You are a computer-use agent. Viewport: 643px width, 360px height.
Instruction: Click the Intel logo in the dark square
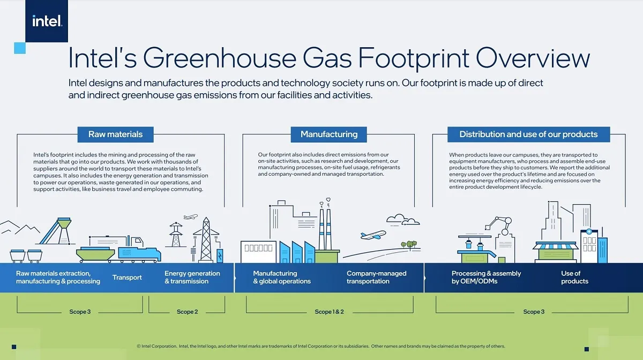(x=47, y=21)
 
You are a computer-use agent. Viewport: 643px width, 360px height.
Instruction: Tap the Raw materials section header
(x=115, y=134)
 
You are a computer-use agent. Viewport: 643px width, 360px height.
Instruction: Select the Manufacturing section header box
(x=328, y=134)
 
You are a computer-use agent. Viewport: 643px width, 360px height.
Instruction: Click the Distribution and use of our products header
(x=528, y=134)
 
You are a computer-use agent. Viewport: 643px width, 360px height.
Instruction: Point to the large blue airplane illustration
(x=373, y=235)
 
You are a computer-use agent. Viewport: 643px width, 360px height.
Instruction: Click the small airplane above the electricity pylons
(x=191, y=216)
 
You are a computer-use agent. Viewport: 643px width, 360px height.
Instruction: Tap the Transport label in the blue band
(x=127, y=277)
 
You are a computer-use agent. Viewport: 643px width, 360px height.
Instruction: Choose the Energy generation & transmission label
(x=192, y=277)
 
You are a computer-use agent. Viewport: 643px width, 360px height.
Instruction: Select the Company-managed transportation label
(x=376, y=277)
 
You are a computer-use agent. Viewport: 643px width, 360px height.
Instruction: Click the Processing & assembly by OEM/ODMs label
(x=487, y=277)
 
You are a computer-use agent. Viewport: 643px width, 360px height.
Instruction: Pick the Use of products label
(x=574, y=277)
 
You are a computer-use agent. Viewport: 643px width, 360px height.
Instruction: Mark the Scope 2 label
(x=187, y=312)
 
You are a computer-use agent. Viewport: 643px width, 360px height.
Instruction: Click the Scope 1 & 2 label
(x=329, y=312)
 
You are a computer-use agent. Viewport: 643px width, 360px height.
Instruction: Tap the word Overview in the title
(x=533, y=58)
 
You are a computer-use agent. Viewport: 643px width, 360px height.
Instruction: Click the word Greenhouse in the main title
(x=220, y=58)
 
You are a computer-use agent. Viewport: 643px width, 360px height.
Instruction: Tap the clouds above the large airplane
(x=403, y=220)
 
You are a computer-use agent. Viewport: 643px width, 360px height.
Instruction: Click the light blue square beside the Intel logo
(x=20, y=48)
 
